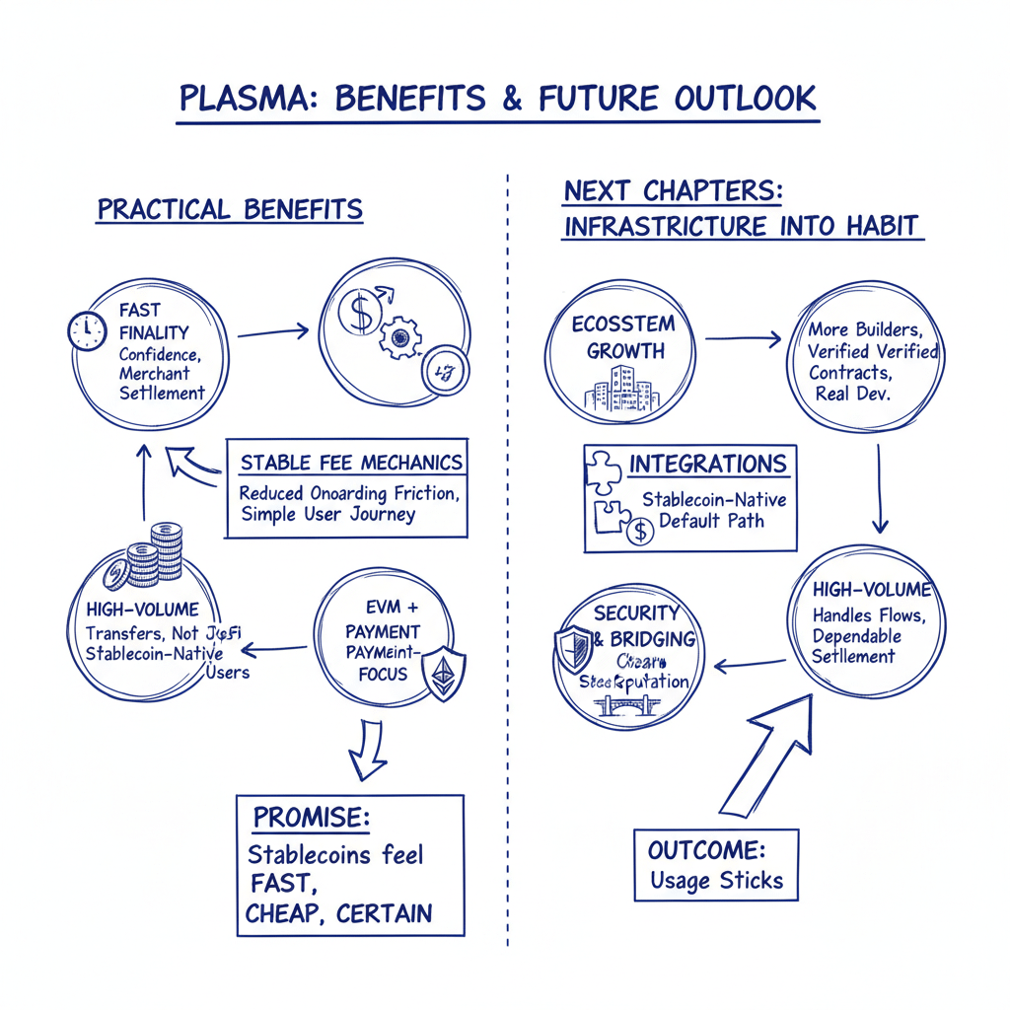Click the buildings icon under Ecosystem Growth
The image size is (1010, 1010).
coord(619,389)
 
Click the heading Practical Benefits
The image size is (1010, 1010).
coord(230,210)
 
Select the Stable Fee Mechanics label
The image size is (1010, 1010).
coord(351,462)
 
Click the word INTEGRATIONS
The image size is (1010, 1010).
coord(708,465)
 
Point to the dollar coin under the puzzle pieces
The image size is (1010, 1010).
coord(640,533)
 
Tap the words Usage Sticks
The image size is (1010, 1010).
coord(716,881)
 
